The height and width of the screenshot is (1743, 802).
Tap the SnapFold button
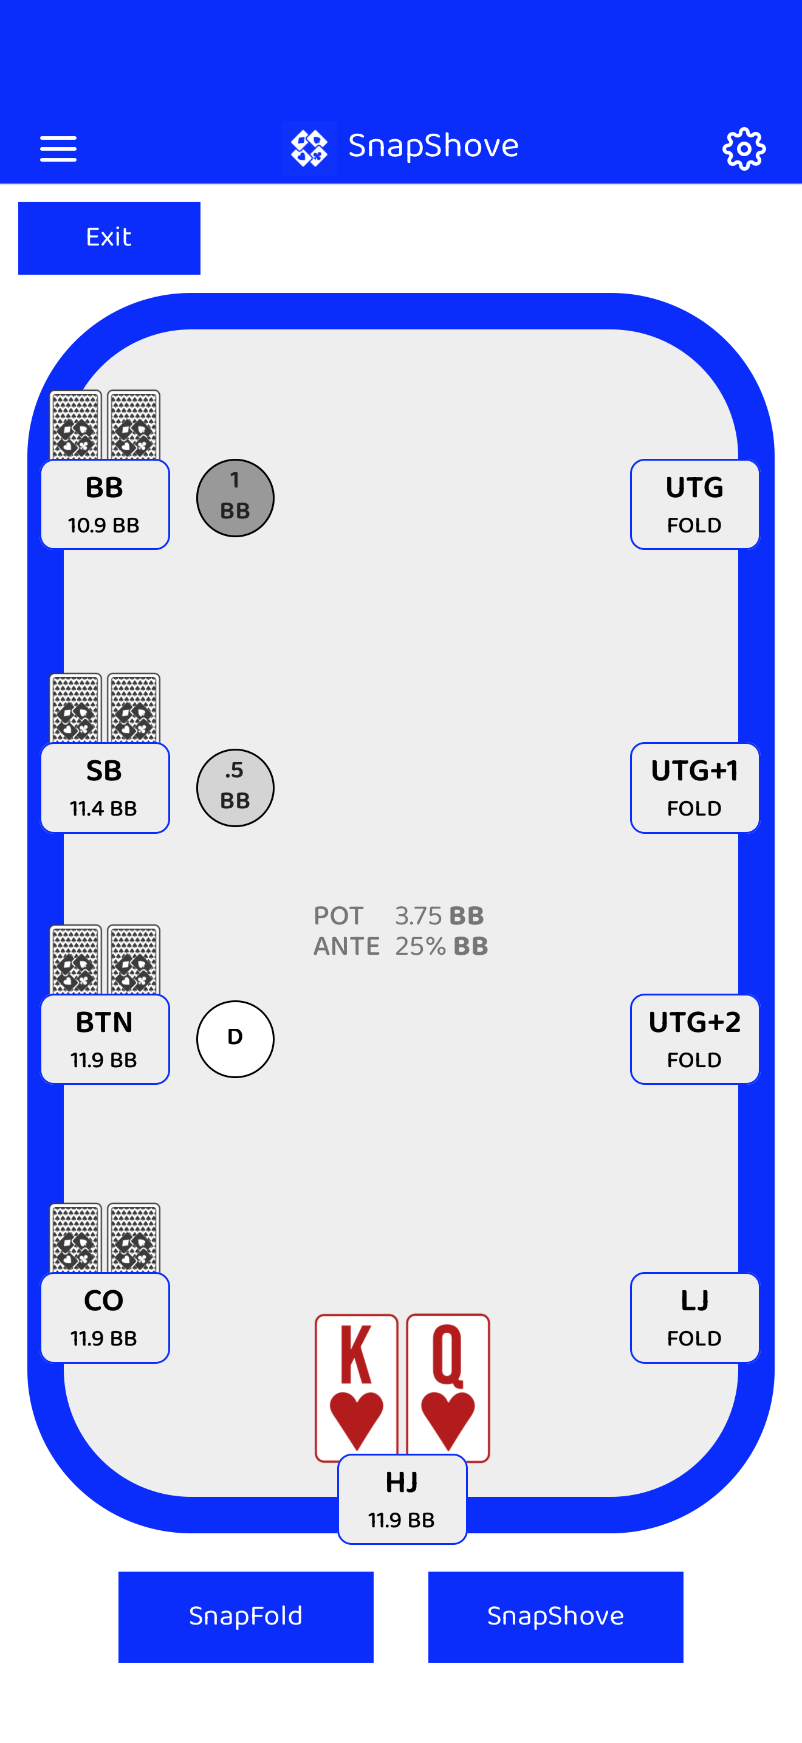245,1616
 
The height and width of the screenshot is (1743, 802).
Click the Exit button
109,238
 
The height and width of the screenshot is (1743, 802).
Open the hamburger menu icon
58,148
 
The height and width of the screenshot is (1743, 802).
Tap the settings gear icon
744,148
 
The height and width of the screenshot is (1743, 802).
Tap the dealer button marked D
235,1039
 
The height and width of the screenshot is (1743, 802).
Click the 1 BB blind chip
235,498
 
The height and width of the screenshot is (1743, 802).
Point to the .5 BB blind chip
235,788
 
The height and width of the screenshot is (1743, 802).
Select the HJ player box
402,1499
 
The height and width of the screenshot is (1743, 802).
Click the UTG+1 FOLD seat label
694,788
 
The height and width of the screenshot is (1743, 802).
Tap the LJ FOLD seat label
694,1318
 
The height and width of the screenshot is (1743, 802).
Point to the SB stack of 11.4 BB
103,808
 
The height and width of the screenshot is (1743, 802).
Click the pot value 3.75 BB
439,915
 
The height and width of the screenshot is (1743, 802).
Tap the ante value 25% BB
442,946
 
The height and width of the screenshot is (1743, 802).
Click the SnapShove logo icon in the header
309,148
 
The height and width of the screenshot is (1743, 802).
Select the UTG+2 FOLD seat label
694,1039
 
